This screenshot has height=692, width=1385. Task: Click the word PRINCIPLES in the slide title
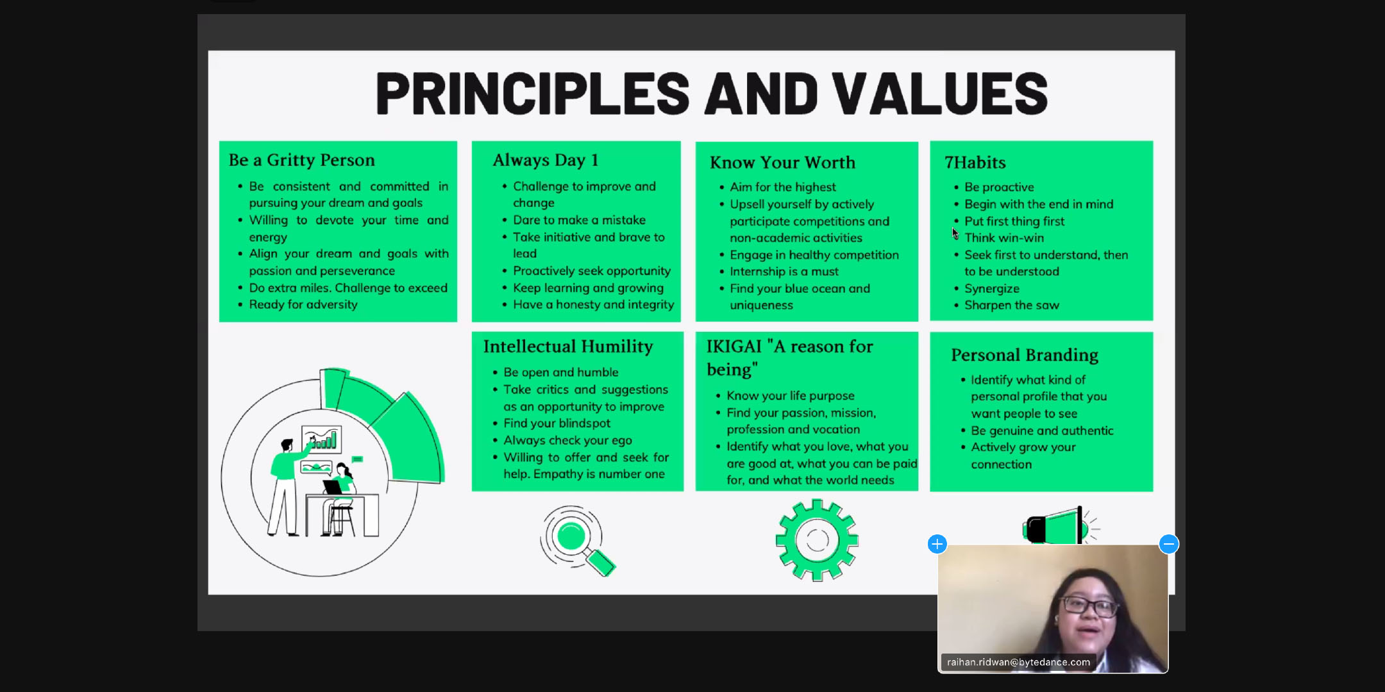[532, 94]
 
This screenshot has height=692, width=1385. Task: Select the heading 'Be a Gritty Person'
[302, 160]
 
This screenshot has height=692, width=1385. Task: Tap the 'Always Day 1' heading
[546, 160]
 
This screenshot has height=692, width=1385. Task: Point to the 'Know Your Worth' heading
[782, 163]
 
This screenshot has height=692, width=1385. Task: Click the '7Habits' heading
[975, 163]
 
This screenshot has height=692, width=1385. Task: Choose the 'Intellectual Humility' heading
[568, 347]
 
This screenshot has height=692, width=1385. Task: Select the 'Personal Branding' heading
[1025, 355]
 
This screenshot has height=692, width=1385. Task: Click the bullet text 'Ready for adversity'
[303, 305]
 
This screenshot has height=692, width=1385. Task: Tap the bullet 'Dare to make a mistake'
[579, 220]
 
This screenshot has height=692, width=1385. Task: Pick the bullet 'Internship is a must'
[784, 272]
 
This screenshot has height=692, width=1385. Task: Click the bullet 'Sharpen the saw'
[1012, 306]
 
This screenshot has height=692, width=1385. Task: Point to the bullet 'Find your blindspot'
[557, 424]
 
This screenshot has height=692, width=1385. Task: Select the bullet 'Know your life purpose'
[791, 396]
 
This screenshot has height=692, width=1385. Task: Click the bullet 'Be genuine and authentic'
[1042, 431]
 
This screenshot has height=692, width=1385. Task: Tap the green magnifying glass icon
[577, 541]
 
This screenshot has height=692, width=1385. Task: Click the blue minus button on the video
[1169, 544]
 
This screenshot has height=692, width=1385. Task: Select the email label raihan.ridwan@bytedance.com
[1018, 662]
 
